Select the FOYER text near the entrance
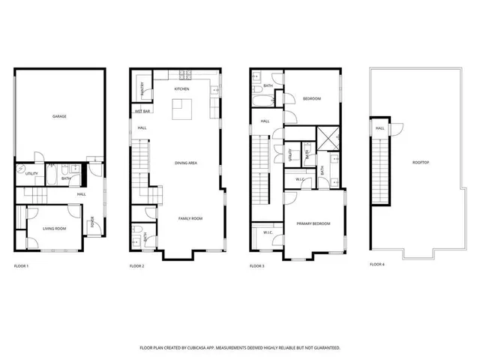pos(93,222)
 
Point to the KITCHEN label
pos(181,89)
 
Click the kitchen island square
pos(181,110)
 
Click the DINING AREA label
pos(186,163)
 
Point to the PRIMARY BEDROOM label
pos(313,223)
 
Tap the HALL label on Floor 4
pos(380,128)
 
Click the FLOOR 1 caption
pos(21,265)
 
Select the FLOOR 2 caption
pos(136,265)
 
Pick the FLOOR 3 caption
pos(257,265)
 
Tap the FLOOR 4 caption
pos(376,264)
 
